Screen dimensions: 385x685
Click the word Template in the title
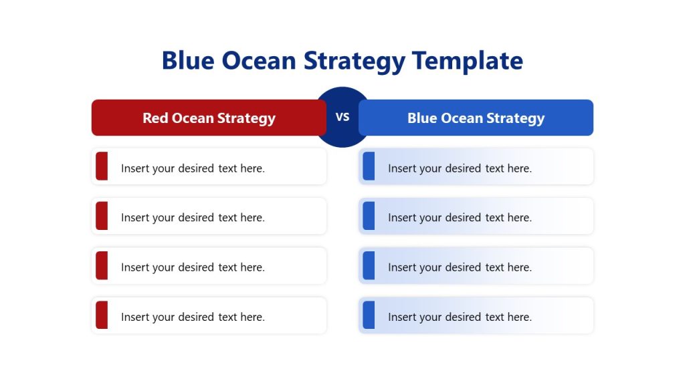coord(467,61)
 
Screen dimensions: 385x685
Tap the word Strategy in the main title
coord(355,61)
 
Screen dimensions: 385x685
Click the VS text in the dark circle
coord(342,117)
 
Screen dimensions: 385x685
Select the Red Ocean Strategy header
coord(209,118)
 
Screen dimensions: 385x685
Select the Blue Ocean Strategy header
coord(476,118)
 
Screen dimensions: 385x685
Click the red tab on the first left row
coord(102,166)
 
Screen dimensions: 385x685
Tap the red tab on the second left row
coord(102,216)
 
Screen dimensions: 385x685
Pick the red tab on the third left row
coord(102,265)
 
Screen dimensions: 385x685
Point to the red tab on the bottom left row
coord(102,315)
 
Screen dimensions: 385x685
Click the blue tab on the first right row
coord(369,166)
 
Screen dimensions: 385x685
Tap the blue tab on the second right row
coord(369,216)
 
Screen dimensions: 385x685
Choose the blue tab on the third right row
coord(369,265)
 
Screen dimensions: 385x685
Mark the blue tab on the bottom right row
coord(369,315)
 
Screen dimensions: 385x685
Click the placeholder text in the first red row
coord(193,168)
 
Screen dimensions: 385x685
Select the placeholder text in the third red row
coord(193,267)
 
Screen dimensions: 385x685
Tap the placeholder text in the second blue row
coord(460,218)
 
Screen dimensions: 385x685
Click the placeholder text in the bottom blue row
coord(460,317)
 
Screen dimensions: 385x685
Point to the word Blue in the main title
coord(188,61)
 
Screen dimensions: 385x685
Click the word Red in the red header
coord(155,118)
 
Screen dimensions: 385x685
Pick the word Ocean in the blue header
coord(462,118)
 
